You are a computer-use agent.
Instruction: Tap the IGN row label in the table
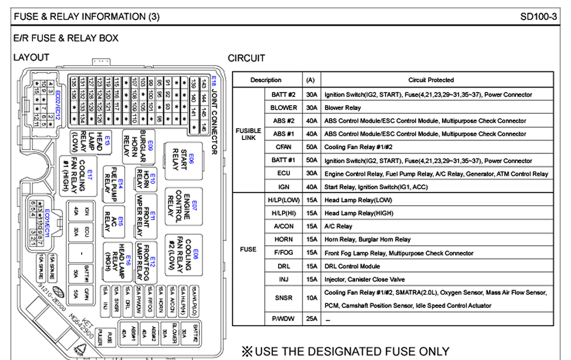click(284, 187)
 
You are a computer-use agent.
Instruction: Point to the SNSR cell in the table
click(284, 298)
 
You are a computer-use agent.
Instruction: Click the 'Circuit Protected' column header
click(437, 80)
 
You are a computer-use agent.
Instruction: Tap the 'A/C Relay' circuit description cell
click(437, 226)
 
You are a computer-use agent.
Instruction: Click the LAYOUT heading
click(31, 58)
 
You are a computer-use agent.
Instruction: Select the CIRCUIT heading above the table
click(246, 58)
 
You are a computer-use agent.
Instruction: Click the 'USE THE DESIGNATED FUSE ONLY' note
click(345, 351)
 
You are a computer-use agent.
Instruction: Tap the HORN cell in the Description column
click(284, 239)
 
